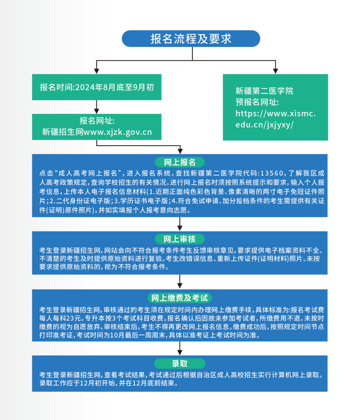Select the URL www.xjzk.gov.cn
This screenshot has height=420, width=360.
click(x=118, y=132)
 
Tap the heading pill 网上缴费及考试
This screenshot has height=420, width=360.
click(x=180, y=298)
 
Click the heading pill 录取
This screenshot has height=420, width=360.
click(x=180, y=363)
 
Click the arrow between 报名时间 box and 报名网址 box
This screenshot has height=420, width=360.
click(x=97, y=107)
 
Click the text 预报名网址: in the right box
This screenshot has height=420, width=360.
click(x=257, y=102)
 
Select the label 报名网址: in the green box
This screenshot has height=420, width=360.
click(x=97, y=120)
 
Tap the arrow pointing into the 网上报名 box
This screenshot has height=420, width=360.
click(x=181, y=149)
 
